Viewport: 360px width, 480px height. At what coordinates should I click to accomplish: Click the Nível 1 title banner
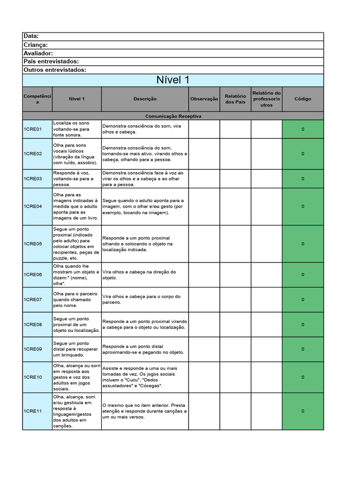pos(173,80)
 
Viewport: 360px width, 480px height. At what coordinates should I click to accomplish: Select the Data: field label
pos(31,37)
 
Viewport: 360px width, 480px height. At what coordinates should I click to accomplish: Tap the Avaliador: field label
pos(38,53)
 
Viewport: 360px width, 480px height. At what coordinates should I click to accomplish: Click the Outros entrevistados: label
pos(55,70)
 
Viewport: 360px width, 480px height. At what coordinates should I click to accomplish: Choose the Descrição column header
pos(145,99)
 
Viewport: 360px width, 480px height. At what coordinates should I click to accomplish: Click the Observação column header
pos(204,99)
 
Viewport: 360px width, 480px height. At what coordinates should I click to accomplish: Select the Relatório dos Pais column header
pos(235,99)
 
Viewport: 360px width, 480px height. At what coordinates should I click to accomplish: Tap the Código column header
pos(302,99)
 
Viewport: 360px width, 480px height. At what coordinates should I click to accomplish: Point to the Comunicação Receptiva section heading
pos(173,116)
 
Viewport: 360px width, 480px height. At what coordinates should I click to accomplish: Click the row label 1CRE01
pos(33,129)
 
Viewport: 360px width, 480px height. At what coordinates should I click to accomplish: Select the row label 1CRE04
pos(33,206)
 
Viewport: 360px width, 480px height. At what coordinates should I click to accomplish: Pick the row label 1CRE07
pos(33,300)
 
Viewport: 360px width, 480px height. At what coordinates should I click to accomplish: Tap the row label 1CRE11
pos(33,411)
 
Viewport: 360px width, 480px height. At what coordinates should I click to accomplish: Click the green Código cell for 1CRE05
pos(302,244)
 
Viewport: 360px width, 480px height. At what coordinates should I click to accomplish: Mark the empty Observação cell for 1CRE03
pos(204,179)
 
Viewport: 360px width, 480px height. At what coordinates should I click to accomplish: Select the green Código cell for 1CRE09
pos(302,349)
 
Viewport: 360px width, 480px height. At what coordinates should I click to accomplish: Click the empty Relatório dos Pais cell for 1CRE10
pos(235,377)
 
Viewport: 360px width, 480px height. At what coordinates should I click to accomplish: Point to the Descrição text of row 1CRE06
pos(139,275)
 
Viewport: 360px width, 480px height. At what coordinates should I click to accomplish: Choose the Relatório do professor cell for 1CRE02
pos(266,154)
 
